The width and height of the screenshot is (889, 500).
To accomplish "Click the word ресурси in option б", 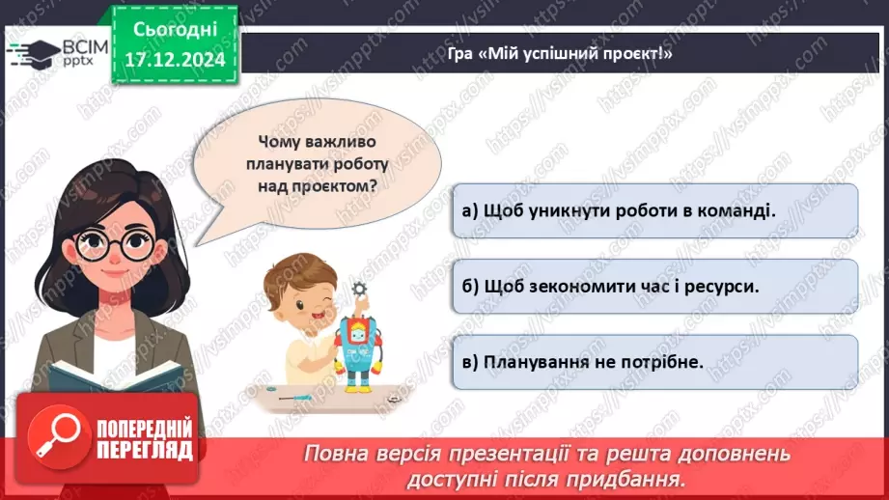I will (708, 287).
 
